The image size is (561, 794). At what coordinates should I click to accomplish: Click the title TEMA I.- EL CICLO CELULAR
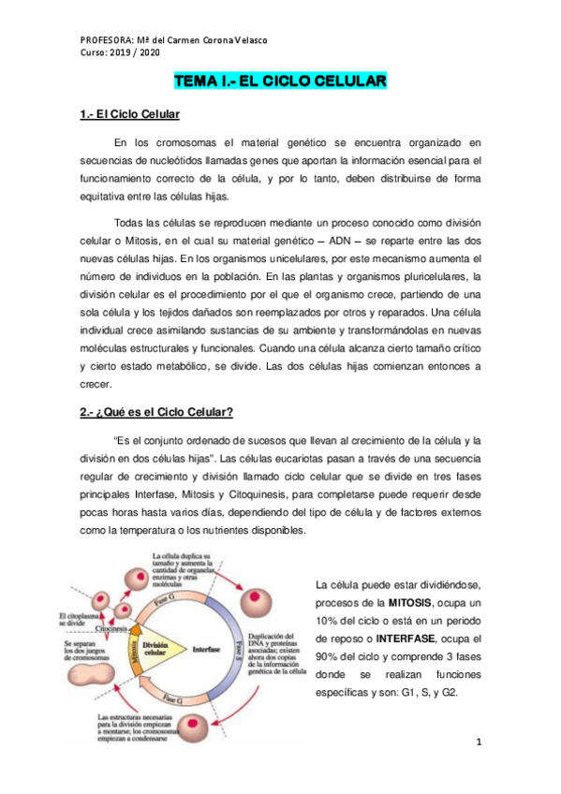click(280, 82)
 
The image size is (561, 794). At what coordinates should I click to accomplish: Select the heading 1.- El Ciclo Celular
click(129, 115)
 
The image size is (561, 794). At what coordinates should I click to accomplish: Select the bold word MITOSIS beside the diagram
click(415, 600)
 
